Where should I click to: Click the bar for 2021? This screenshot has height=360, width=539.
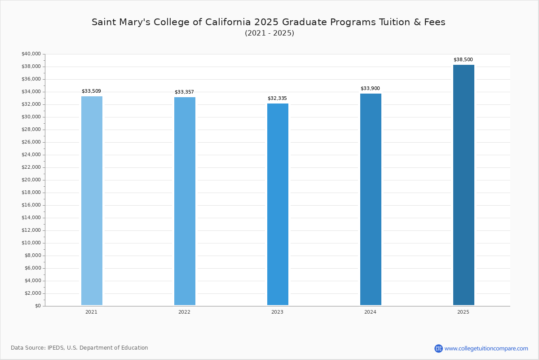click(92, 201)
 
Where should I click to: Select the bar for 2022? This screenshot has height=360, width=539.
click(185, 201)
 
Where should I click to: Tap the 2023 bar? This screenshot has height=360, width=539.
click(278, 204)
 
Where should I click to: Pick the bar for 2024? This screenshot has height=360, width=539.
click(371, 199)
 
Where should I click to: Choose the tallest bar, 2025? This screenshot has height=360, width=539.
click(464, 185)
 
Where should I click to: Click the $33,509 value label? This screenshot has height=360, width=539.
click(91, 91)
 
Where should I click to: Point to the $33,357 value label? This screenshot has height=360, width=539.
click(184, 92)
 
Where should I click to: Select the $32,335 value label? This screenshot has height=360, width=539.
click(277, 99)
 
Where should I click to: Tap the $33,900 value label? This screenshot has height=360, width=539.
click(370, 89)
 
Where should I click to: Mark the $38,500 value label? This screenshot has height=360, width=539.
click(463, 60)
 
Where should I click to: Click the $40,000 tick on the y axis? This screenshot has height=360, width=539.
click(31, 54)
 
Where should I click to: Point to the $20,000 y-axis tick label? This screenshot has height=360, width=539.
click(31, 180)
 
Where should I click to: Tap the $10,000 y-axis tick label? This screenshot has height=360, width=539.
click(31, 243)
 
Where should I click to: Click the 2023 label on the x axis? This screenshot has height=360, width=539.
click(277, 312)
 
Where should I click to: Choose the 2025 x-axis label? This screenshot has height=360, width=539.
click(463, 312)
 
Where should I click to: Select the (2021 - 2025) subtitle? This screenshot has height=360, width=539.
click(269, 33)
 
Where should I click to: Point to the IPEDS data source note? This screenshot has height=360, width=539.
click(80, 348)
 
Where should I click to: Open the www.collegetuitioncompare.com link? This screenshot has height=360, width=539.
click(486, 348)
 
